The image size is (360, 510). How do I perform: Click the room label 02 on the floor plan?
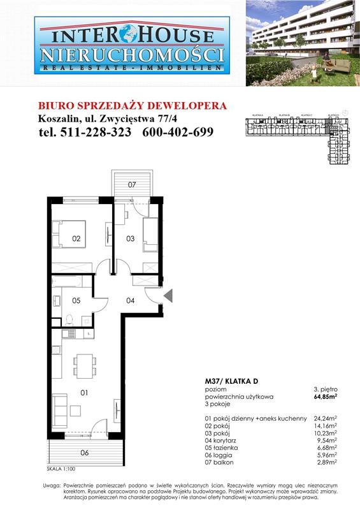coord(76,239)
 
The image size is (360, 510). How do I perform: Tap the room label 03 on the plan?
coord(130,239)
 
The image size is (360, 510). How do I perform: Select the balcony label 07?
coord(131,185)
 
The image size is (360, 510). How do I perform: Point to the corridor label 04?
coord(130,300)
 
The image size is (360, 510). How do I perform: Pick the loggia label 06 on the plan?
coord(85,453)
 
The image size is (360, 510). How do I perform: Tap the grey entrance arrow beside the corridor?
coord(168,295)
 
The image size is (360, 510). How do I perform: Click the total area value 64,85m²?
coord(327,397)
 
